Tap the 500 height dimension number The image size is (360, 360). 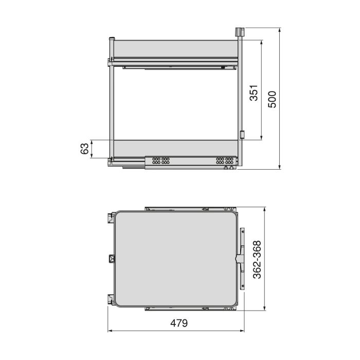pos(272,99)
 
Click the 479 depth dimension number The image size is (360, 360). pos(177,323)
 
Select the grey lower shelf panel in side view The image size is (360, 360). pos(176,148)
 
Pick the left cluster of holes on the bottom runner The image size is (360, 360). pos(159,160)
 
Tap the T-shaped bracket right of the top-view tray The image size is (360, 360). pos(241,257)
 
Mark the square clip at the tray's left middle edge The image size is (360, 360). pos(111,258)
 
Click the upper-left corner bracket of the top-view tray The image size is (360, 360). pos(110,218)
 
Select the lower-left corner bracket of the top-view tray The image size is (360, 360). pos(110,298)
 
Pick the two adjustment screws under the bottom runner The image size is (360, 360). pos(229,168)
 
